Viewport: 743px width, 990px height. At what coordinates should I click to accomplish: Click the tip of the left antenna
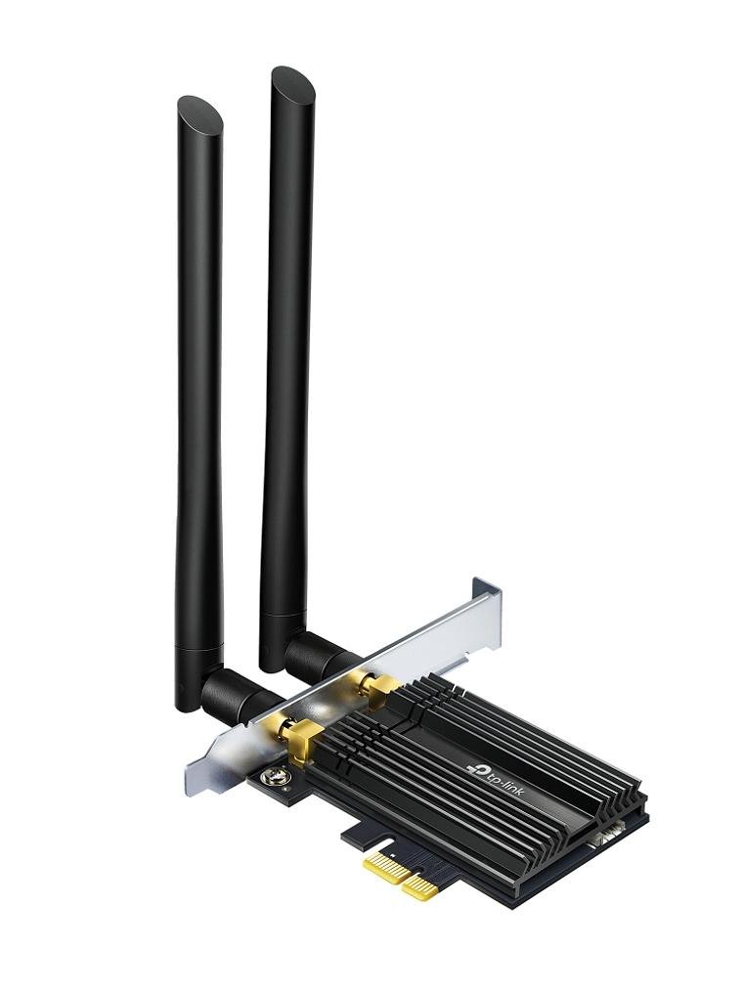[x=200, y=113]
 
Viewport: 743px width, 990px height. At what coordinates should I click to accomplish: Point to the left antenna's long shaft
[x=198, y=391]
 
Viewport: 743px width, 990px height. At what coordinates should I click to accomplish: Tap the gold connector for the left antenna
[x=294, y=731]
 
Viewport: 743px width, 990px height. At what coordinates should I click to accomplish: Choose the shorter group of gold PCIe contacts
[x=420, y=885]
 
